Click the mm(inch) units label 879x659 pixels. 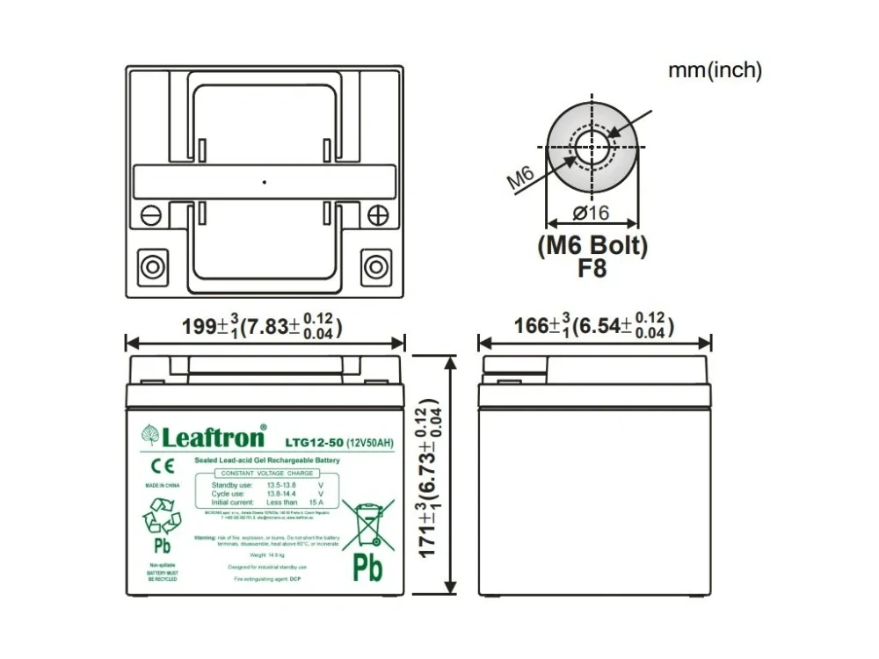pos(715,70)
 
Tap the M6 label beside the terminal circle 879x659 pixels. pos(521,178)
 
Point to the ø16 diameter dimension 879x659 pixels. pos(592,214)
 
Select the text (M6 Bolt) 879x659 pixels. pos(592,247)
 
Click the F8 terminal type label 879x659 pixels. pos(592,269)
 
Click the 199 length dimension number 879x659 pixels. pos(199,327)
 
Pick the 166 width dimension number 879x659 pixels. pos(531,327)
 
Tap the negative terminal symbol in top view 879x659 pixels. pos(150,214)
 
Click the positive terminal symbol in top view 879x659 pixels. pos(377,214)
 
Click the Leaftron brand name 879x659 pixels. pos(212,437)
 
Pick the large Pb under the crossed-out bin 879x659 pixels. pos(367,571)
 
